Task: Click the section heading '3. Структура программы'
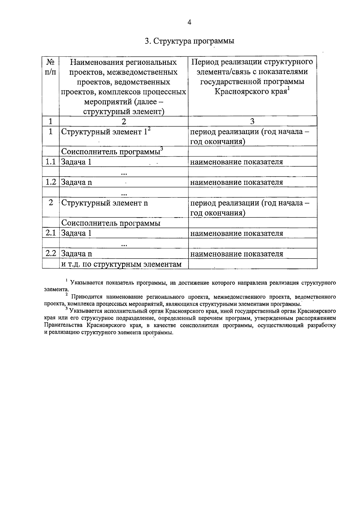(x=189, y=41)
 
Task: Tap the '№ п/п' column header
(x=51, y=67)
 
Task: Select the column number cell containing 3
(x=252, y=121)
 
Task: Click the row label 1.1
(x=51, y=162)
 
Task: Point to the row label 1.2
(x=51, y=182)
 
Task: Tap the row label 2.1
(x=51, y=233)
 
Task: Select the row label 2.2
(x=51, y=254)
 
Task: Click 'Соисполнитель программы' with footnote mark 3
(x=111, y=152)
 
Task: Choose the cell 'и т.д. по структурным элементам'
(x=121, y=264)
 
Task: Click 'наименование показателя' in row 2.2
(x=236, y=254)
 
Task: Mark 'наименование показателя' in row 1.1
(x=236, y=162)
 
